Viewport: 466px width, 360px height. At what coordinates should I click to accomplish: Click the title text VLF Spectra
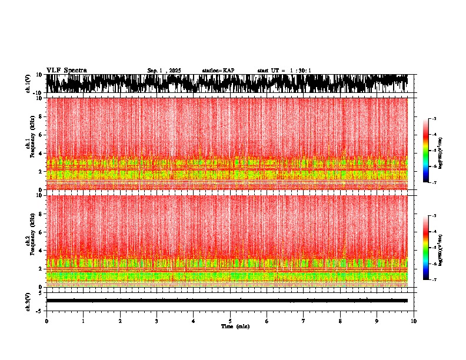[66, 70]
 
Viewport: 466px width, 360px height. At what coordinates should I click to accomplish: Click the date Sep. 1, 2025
[164, 71]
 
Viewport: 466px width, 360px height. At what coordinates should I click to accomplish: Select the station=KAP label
[218, 71]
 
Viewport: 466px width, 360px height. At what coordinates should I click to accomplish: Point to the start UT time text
[284, 71]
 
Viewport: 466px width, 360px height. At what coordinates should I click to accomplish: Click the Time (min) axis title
[235, 326]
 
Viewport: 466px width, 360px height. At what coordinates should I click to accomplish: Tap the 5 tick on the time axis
[230, 321]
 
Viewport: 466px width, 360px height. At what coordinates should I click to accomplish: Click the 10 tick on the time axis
[414, 321]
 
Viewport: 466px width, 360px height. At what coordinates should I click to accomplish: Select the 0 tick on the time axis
[46, 321]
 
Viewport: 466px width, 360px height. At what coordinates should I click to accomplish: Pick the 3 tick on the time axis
[157, 321]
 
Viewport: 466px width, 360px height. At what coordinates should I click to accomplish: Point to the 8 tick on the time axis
[340, 321]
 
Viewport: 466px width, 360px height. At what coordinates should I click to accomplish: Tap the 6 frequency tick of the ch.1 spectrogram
[41, 135]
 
